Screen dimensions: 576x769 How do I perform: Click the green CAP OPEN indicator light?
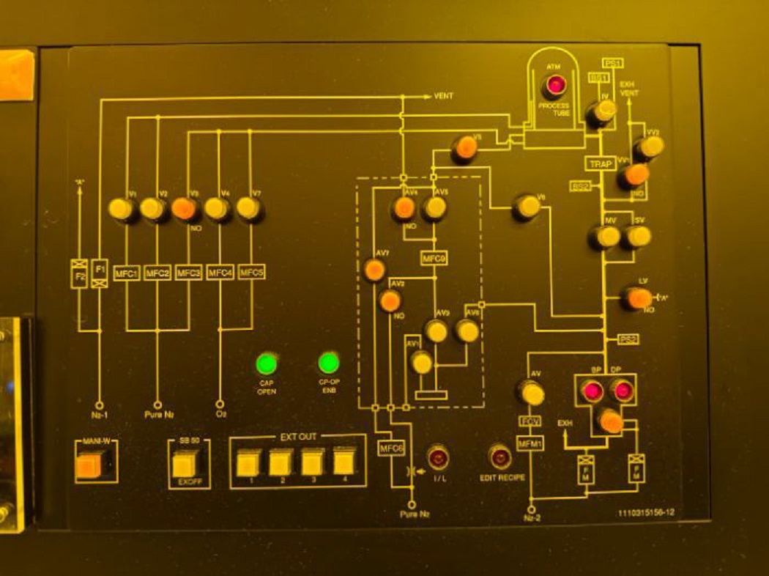tap(267, 363)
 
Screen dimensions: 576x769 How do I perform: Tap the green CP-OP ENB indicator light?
tap(329, 363)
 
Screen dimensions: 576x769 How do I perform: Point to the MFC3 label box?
tap(189, 273)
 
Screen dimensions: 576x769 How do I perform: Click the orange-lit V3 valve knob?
tap(185, 210)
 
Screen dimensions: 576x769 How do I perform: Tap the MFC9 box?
tap(434, 258)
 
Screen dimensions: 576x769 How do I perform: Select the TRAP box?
tap(601, 164)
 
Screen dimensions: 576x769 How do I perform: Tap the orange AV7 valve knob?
tap(374, 270)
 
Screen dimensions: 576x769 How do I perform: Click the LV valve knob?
tap(635, 298)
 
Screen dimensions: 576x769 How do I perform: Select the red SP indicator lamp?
tap(592, 391)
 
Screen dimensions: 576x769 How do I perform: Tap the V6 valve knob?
tap(526, 208)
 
